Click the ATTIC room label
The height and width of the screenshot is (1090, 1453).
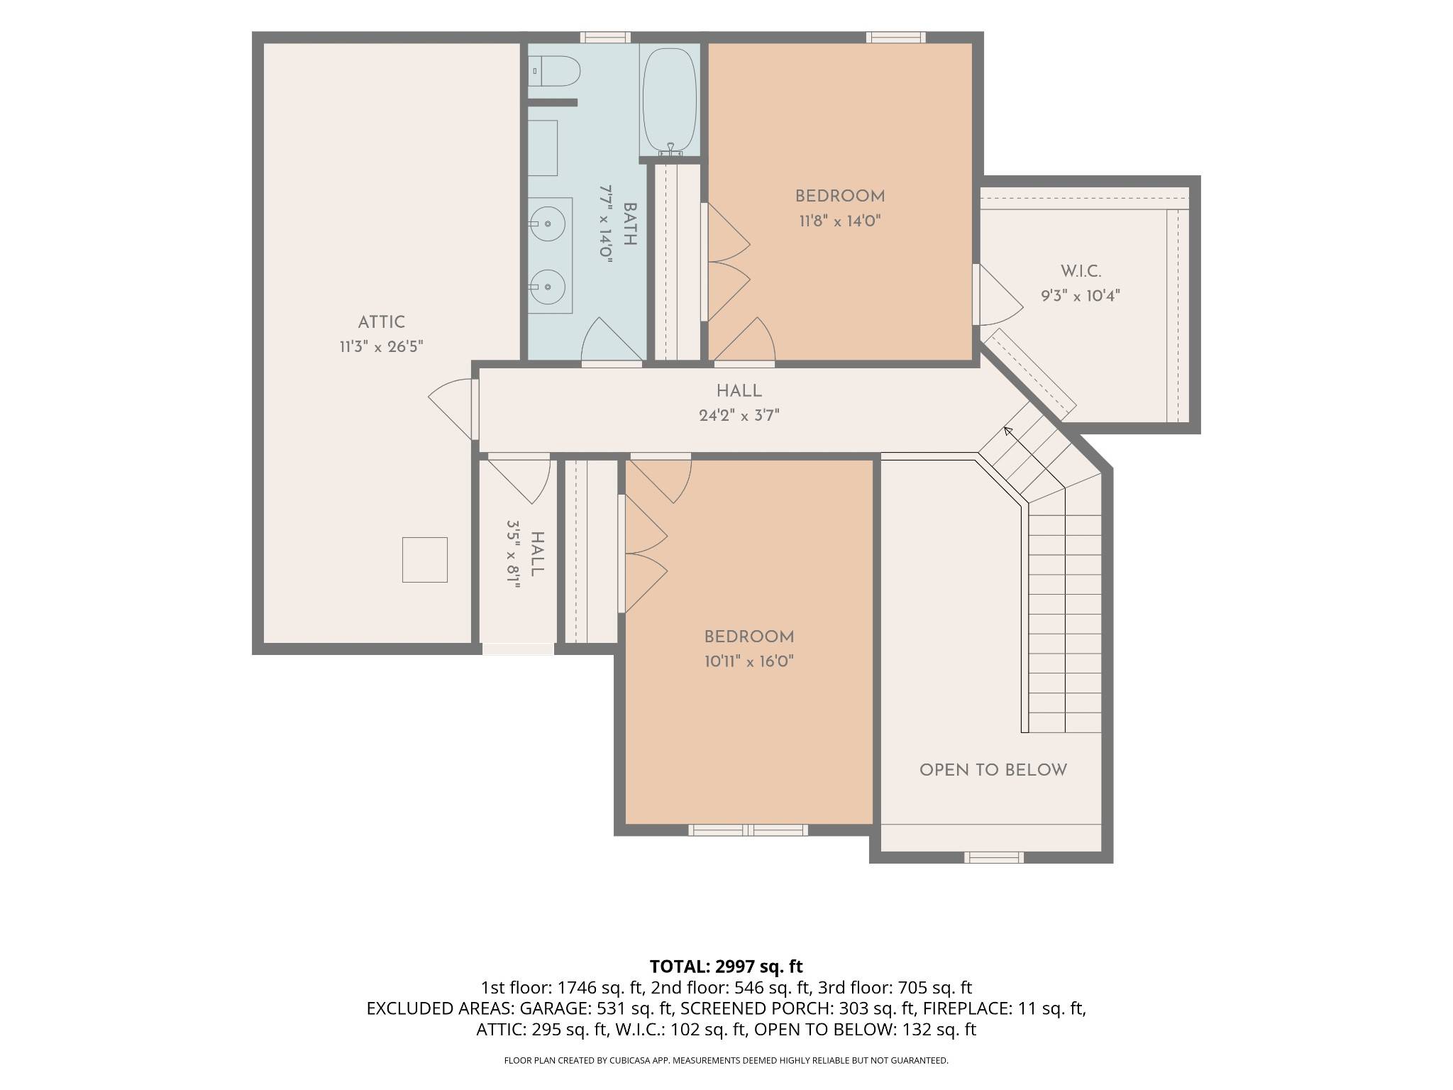pos(382,322)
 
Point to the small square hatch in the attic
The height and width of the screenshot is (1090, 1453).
pos(425,560)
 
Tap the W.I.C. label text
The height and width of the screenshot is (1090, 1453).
pos(1081,271)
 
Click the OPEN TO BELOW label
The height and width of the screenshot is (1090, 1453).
pos(993,770)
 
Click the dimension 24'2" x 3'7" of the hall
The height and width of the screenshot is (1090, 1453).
pos(739,416)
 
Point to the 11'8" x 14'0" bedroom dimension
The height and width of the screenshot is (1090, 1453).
pos(840,221)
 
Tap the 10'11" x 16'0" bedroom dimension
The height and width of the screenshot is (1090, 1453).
pos(748,661)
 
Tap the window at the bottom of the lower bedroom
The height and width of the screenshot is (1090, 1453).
pos(748,830)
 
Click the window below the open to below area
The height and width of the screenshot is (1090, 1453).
pos(993,857)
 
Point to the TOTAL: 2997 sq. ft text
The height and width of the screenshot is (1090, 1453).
pos(726,967)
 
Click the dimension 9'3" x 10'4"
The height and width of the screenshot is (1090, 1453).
pos(1081,296)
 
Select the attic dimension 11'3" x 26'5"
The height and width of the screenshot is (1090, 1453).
pos(382,347)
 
